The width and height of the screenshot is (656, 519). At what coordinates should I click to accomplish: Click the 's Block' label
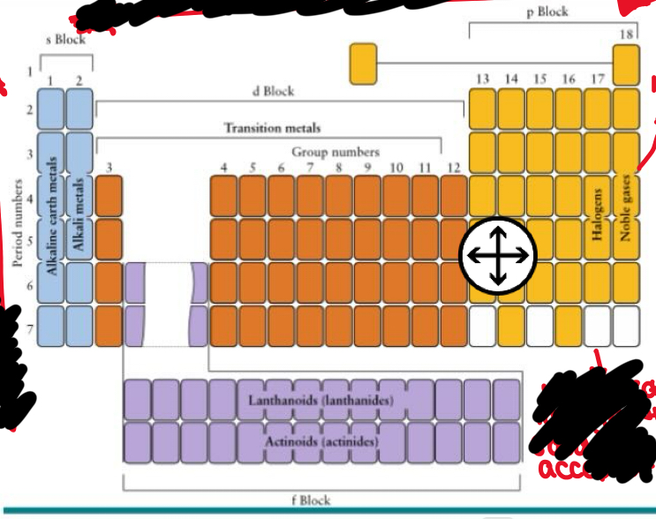tap(66, 41)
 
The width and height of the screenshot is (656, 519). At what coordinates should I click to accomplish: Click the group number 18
tap(626, 34)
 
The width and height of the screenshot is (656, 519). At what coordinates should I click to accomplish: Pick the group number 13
tap(482, 79)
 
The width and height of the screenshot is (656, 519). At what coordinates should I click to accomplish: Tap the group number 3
tap(109, 167)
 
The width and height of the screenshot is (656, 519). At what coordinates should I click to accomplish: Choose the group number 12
tap(453, 167)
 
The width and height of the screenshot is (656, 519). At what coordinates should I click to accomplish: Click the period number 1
tap(29, 70)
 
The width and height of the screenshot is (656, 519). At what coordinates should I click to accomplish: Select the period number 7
tap(29, 328)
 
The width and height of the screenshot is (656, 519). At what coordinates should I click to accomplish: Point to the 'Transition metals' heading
tap(272, 128)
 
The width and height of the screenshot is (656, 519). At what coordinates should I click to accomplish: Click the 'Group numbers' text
tap(336, 152)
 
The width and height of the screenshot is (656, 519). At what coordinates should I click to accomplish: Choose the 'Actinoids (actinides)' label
tap(320, 440)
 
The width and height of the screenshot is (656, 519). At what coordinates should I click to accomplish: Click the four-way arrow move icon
tap(498, 255)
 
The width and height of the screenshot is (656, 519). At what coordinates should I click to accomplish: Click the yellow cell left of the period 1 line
tap(363, 64)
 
